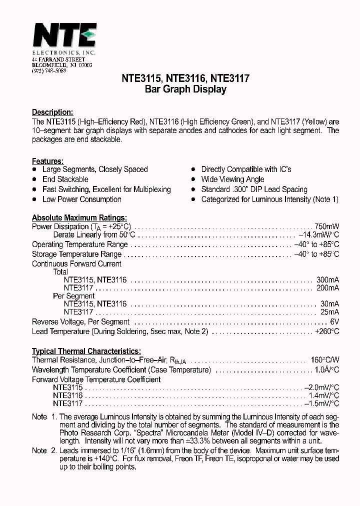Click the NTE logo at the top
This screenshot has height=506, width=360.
pos(64,36)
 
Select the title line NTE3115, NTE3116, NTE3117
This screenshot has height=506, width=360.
pos(185,78)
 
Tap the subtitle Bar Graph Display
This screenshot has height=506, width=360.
pos(185,89)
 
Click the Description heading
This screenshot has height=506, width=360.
pos(52,112)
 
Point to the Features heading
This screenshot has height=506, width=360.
pos(47,161)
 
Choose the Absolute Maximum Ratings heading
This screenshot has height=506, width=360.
pos(79,218)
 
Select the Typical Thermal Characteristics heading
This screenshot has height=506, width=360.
pos(86,351)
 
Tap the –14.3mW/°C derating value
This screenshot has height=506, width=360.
pos(319,235)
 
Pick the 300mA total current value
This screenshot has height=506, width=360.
pos(327,280)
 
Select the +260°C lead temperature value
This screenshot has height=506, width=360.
pos(327,331)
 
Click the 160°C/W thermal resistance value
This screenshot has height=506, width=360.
pos(324,360)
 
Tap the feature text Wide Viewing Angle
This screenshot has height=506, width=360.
pos(232,179)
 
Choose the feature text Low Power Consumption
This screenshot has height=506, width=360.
pos(82,199)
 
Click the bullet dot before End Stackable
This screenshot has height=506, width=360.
pos(34,179)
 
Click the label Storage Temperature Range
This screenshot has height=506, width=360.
pos(77,254)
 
